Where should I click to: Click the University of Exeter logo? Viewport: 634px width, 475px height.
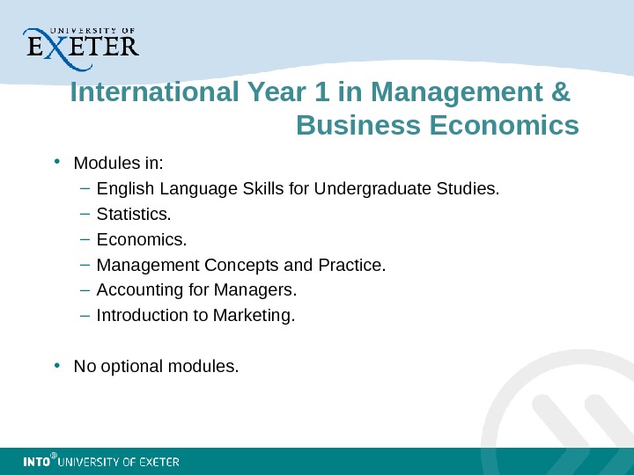tap(80, 44)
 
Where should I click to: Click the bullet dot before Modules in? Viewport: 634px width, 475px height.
tap(56, 162)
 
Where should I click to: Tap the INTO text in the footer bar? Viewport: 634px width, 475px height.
tap(35, 462)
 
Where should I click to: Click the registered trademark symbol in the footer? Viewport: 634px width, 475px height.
tap(54, 457)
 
